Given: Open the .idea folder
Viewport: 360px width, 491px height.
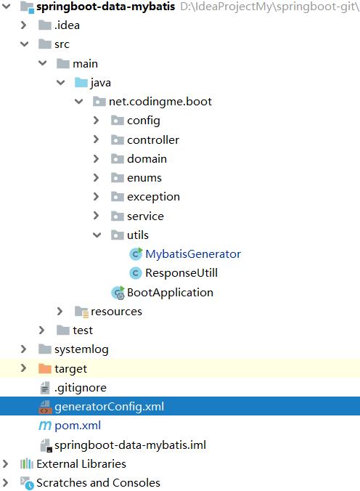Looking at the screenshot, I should (x=67, y=25).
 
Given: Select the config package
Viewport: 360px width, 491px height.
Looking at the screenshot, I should (x=143, y=121).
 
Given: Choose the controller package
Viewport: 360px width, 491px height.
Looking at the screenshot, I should (x=152, y=139).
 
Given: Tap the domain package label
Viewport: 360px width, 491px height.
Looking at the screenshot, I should (x=147, y=158).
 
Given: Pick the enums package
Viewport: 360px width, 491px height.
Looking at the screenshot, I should (x=144, y=178).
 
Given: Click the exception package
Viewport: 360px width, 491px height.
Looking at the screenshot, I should (x=153, y=197).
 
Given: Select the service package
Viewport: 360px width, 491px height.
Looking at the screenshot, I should (x=145, y=216).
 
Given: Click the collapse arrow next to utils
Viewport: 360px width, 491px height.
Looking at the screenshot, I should (x=97, y=235).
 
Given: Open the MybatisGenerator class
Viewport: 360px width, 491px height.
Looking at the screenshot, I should (x=192, y=254).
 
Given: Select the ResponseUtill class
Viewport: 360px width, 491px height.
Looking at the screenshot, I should (x=181, y=273).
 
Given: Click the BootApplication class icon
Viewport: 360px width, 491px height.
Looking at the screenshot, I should (x=118, y=293).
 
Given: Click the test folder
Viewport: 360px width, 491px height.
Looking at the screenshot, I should (x=82, y=330).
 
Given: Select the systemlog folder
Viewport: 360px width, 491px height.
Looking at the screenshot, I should (x=81, y=349).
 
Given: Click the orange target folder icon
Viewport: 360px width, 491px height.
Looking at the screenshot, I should (x=44, y=369).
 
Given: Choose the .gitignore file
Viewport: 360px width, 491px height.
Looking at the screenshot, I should (x=80, y=388).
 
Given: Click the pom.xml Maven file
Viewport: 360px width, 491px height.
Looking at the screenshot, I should (x=77, y=426).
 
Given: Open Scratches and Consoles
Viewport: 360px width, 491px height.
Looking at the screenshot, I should (x=98, y=482).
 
